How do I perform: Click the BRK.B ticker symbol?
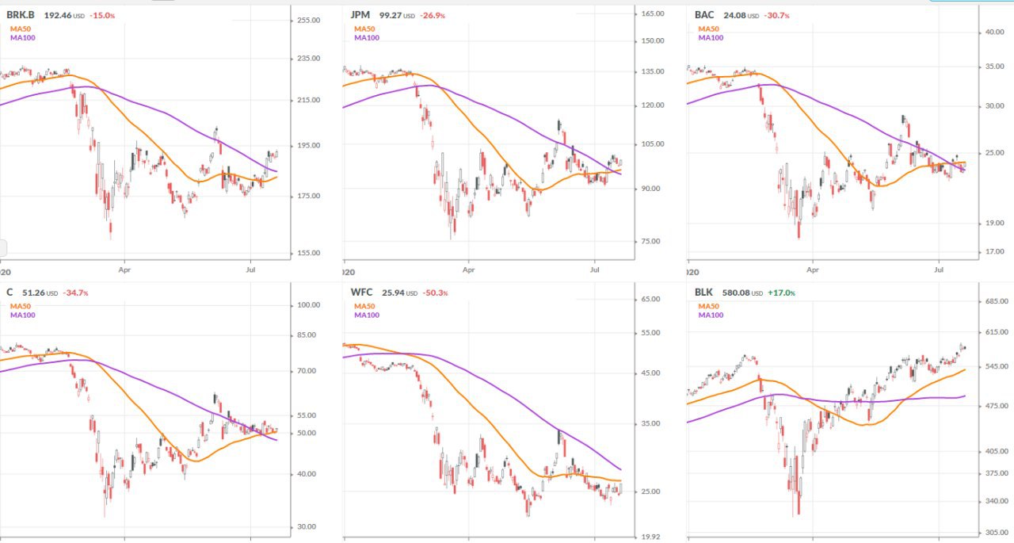21,14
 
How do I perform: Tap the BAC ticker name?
704,14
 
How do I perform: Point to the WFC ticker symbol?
362,293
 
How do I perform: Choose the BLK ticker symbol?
703,293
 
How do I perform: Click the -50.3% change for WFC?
435,293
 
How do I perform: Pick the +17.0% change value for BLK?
781,293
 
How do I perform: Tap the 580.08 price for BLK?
734,293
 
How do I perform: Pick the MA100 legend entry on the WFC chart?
366,315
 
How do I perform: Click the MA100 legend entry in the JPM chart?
366,37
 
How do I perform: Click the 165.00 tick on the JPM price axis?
652,13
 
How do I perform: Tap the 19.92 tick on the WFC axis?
650,537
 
